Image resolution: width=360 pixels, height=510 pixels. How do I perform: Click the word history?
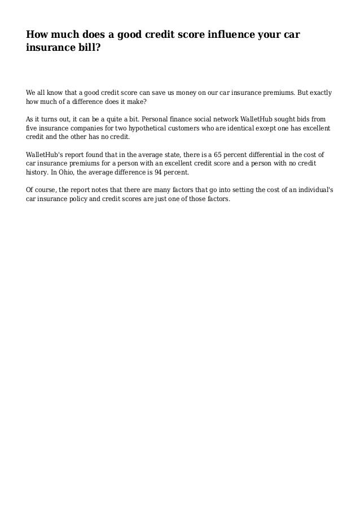coord(39,172)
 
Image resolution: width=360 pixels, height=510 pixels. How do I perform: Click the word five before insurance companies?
coord(33,128)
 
